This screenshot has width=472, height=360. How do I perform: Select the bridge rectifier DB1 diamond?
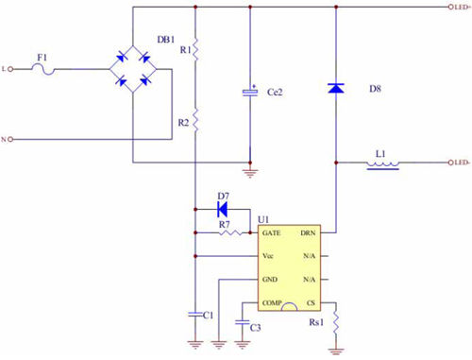click(134, 69)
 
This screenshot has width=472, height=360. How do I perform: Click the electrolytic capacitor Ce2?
click(250, 92)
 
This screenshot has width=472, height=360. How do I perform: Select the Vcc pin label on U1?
click(269, 256)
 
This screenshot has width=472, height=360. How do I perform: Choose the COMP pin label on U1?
click(273, 303)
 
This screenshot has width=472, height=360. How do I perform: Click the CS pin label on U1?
click(310, 303)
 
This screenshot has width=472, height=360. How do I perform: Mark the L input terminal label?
click(6, 68)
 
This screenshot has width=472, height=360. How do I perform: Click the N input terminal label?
click(6, 140)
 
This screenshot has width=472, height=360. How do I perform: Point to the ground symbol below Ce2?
click(250, 171)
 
